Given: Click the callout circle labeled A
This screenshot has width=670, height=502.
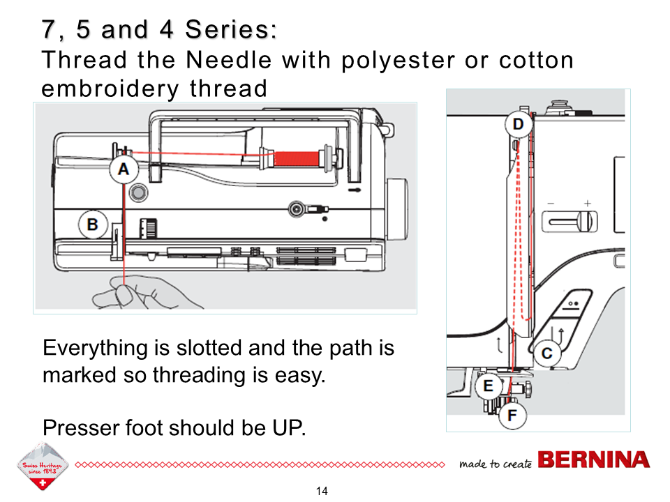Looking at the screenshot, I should (124, 168).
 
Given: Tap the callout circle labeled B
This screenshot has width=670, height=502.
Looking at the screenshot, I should (92, 225).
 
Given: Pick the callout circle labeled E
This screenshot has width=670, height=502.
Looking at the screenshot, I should (489, 386).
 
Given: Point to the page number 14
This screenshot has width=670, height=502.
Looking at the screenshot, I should (322, 491).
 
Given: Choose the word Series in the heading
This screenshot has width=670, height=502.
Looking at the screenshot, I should (230, 30).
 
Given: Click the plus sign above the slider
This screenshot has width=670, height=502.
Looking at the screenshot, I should (588, 204).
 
